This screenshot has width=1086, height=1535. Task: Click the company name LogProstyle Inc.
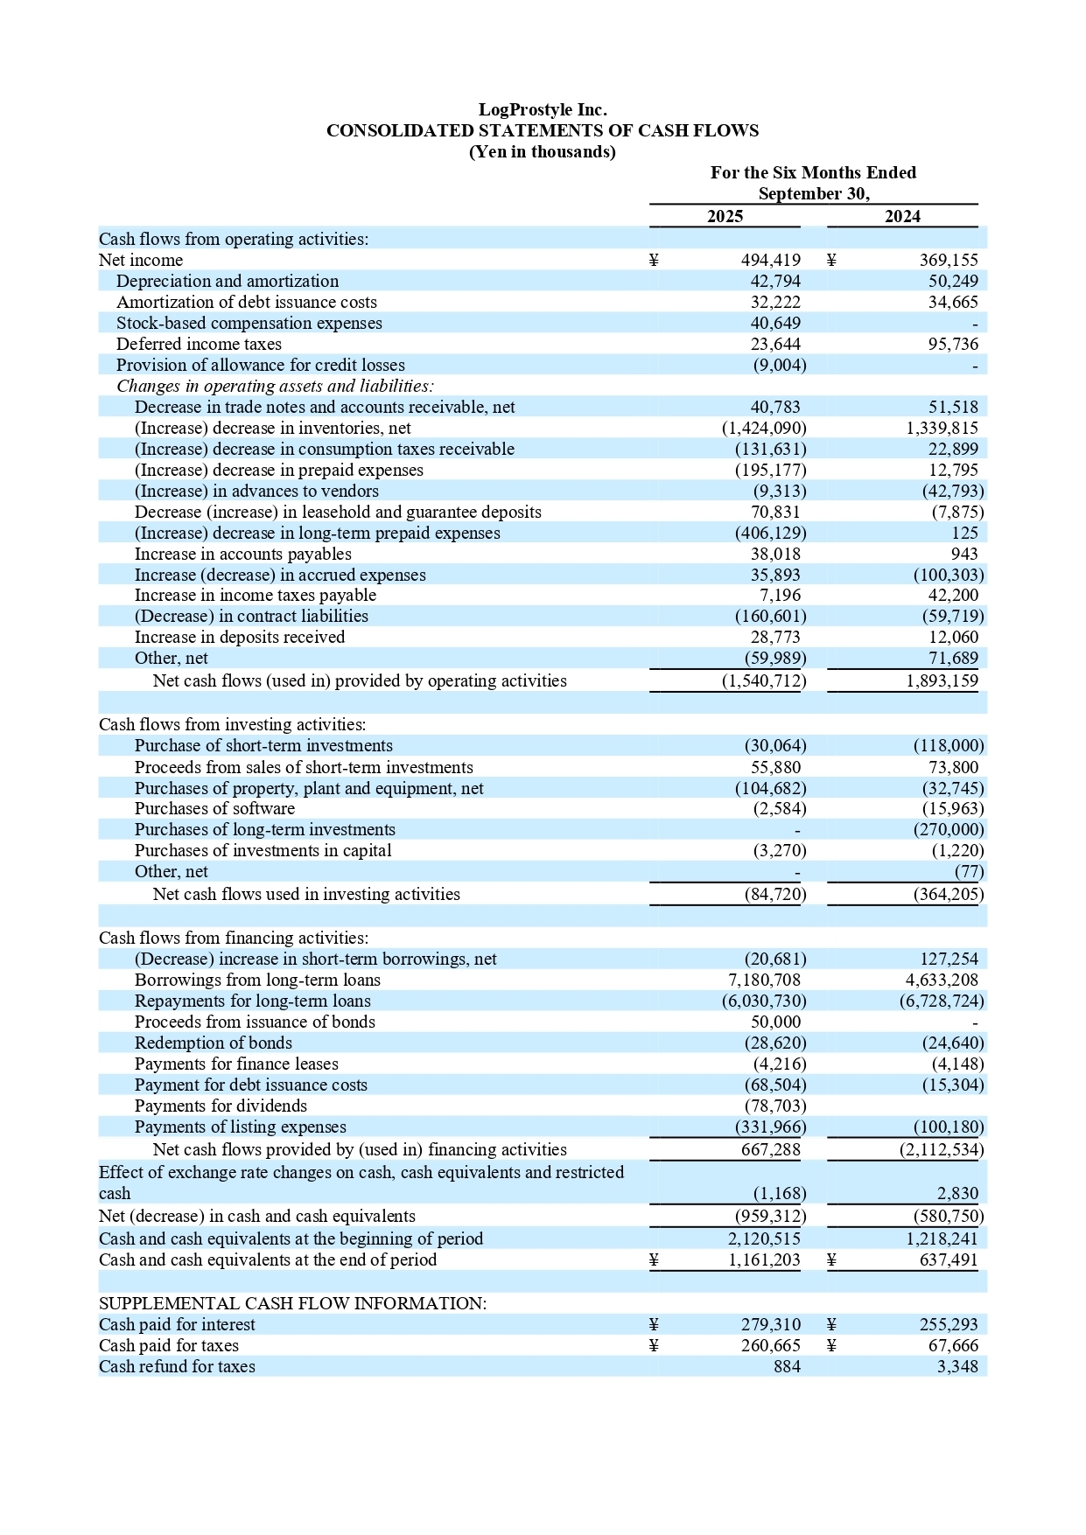(x=542, y=109)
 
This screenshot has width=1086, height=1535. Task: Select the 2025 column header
(x=725, y=216)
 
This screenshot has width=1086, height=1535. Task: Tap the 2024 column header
(x=902, y=216)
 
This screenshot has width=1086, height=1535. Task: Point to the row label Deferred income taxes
(x=199, y=344)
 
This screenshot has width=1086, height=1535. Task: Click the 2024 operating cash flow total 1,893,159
(x=942, y=680)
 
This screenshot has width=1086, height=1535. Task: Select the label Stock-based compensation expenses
(x=249, y=323)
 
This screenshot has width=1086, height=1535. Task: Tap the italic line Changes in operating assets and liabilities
(x=275, y=386)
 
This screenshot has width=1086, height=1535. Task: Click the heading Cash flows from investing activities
(x=232, y=724)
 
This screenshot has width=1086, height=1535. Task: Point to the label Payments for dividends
(x=221, y=1106)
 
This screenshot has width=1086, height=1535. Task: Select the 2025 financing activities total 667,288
(x=771, y=1149)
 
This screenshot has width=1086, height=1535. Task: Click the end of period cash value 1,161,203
(x=764, y=1259)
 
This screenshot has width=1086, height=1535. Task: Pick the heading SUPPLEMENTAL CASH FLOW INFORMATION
(x=292, y=1303)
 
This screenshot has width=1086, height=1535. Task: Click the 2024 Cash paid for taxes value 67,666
(x=953, y=1345)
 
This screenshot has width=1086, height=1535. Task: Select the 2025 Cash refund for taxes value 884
(x=787, y=1366)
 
